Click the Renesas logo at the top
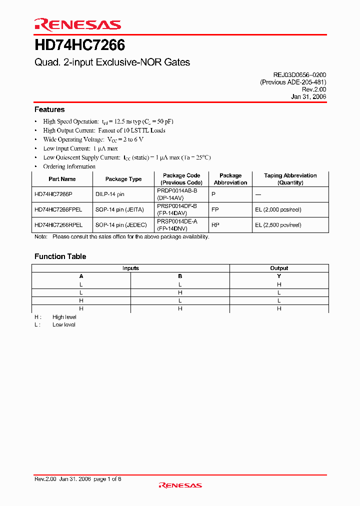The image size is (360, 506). click(77, 24)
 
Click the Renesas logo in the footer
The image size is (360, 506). click(180, 485)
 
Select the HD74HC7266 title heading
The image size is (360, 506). click(79, 45)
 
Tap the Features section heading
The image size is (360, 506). click(49, 109)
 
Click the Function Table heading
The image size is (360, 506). click(60, 256)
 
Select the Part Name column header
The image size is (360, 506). click(62, 179)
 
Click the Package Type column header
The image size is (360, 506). click(123, 179)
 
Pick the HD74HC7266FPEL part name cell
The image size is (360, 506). click(58, 210)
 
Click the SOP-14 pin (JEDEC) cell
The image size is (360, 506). click(121, 225)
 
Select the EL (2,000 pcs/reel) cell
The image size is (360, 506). click(278, 210)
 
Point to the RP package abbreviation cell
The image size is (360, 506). click(215, 225)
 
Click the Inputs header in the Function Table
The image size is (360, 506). click(130, 268)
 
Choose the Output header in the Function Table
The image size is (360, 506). click(279, 268)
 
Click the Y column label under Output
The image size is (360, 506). click(279, 276)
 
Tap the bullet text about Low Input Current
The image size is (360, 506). click(80, 148)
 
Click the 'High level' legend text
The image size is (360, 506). click(64, 317)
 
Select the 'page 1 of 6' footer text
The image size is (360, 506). click(107, 479)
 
